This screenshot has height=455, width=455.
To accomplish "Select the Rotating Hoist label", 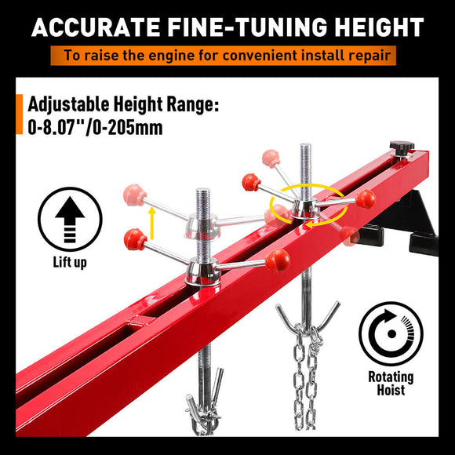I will click(391, 384).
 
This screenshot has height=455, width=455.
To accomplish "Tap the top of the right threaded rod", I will click(304, 148).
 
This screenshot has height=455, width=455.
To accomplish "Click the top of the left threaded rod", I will click(203, 193).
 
